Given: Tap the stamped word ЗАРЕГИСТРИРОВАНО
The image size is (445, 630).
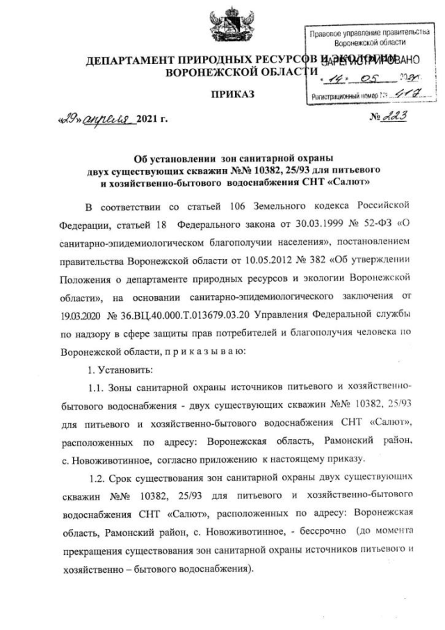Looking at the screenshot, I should (370, 61).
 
